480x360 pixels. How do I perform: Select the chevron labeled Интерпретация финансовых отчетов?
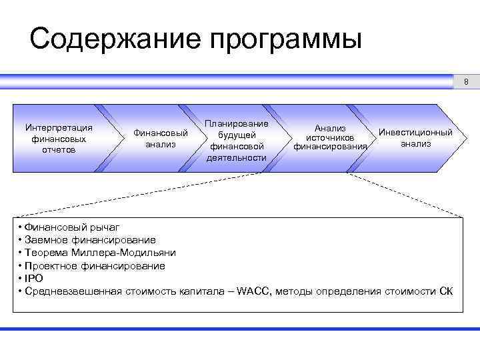pyautogui.click(x=58, y=138)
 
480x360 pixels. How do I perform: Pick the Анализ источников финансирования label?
pyautogui.click(x=330, y=137)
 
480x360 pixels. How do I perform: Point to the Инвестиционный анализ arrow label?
pyautogui.click(x=415, y=137)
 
